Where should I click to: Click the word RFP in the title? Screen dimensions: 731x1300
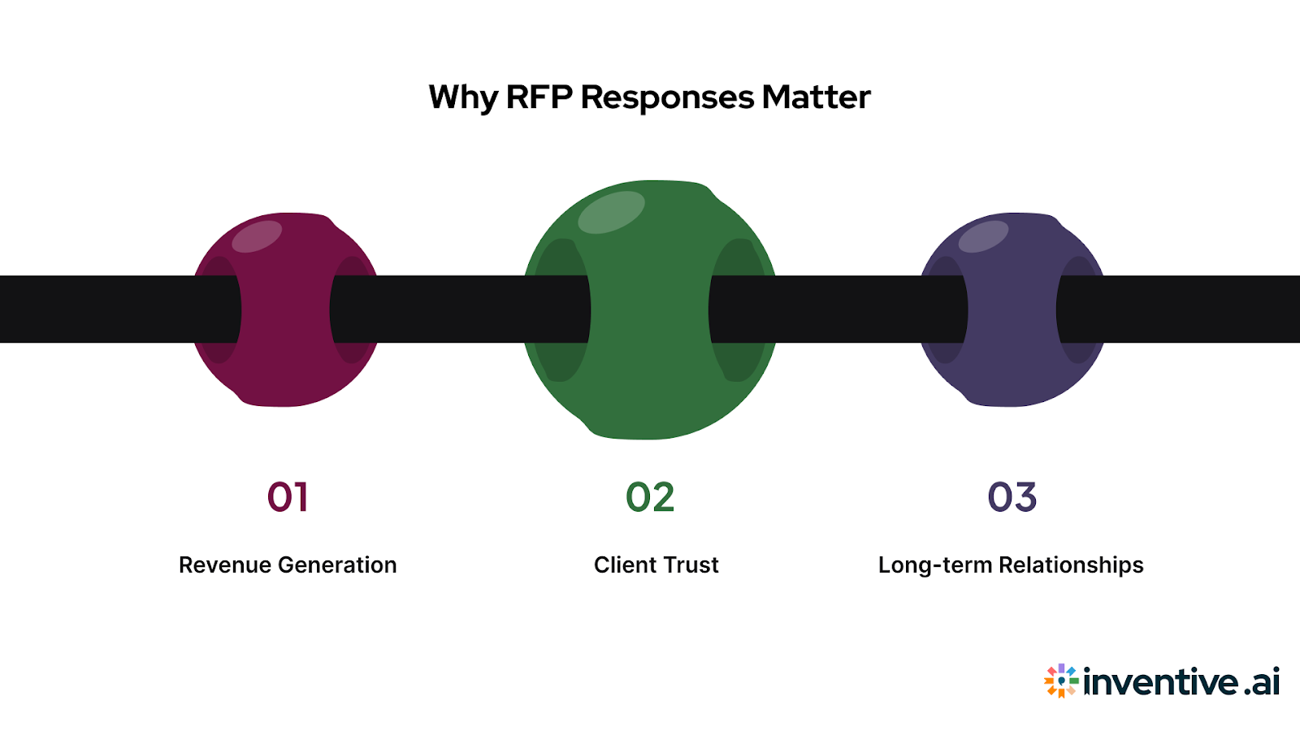click(x=539, y=97)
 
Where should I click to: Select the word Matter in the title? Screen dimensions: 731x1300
click(x=816, y=97)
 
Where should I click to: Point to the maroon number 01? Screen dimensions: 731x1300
click(x=288, y=497)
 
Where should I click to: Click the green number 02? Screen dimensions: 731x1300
click(x=650, y=497)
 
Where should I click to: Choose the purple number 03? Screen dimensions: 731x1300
click(x=1012, y=497)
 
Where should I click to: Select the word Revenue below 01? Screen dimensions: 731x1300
click(x=225, y=565)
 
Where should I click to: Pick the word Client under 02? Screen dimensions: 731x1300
click(x=623, y=565)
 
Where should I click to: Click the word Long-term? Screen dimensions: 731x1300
click(x=935, y=565)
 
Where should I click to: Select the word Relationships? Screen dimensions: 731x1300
click(x=1071, y=565)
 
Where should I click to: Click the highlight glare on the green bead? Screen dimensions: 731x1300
click(x=611, y=212)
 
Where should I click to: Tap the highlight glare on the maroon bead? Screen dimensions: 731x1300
click(x=257, y=236)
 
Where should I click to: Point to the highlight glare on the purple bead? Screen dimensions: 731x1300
click(x=983, y=236)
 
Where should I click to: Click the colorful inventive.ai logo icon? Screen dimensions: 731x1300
click(x=1061, y=681)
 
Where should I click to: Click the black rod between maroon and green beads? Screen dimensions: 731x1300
click(x=459, y=309)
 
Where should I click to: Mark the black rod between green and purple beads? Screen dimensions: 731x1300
click(x=837, y=309)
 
